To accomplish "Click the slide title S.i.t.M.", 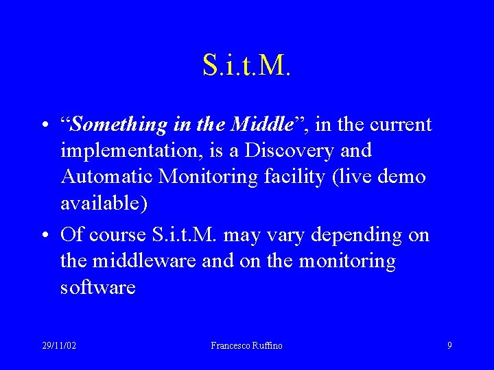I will [x=247, y=65].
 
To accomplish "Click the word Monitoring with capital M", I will [x=209, y=177].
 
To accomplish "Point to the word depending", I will [x=355, y=236].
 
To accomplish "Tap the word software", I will [x=98, y=287].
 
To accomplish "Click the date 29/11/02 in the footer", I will [x=58, y=345].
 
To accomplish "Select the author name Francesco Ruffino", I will [x=246, y=345].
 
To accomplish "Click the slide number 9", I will [x=449, y=345].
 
